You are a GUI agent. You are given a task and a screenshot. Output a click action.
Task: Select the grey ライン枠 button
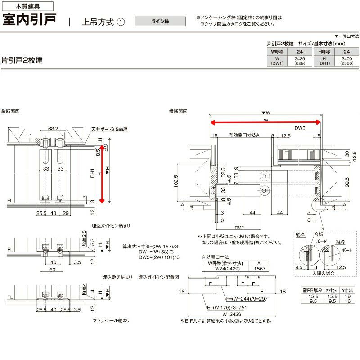160,21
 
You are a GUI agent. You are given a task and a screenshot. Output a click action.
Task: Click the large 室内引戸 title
30,21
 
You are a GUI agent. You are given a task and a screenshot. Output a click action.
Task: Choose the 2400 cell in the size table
346,59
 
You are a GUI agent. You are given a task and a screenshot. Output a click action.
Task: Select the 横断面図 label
178,111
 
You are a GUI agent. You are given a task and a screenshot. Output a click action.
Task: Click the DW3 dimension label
301,128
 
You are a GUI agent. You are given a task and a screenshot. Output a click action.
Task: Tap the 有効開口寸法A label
244,135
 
